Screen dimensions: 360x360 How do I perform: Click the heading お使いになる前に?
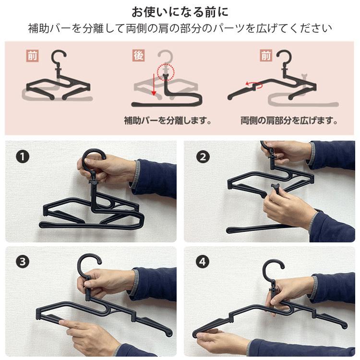(x=180, y=12)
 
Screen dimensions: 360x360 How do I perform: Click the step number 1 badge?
(x=23, y=157)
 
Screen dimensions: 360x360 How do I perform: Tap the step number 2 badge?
(x=203, y=157)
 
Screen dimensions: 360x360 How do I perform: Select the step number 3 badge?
(x=23, y=262)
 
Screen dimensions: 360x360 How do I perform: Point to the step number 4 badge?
(x=203, y=262)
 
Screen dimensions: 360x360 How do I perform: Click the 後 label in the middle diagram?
(x=138, y=56)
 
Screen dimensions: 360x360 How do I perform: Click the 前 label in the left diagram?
(x=32, y=56)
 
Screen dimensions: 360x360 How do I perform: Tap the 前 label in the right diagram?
(x=266, y=56)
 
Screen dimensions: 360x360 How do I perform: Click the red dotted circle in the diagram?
(x=166, y=72)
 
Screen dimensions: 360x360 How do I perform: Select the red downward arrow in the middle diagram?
(x=154, y=84)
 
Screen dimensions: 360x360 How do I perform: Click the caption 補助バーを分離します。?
(x=168, y=120)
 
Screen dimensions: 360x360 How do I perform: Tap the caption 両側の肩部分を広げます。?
(x=289, y=120)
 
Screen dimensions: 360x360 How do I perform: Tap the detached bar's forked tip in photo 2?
(x=276, y=186)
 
